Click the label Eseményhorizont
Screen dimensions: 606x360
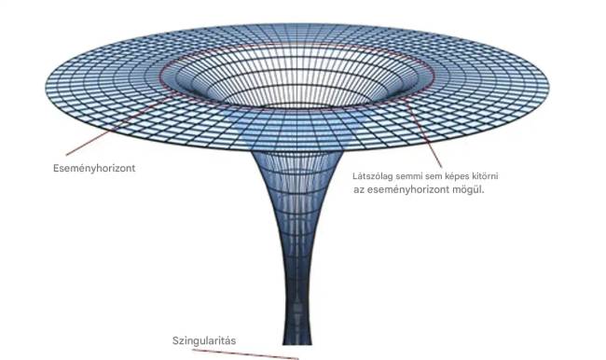[94, 168]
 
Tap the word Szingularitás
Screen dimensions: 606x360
[204, 340]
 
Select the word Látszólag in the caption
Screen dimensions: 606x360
[373, 176]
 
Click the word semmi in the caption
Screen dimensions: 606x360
[409, 176]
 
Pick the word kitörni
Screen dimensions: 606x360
[484, 176]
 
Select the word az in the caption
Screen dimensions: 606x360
[359, 190]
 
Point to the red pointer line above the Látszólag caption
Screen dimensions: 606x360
[423, 132]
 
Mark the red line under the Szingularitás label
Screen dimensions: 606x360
[245, 354]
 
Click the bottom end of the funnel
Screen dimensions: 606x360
[297, 343]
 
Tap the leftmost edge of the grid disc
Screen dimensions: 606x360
[46, 86]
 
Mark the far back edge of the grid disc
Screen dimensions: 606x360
[296, 24]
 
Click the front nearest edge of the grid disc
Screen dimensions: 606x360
[296, 151]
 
